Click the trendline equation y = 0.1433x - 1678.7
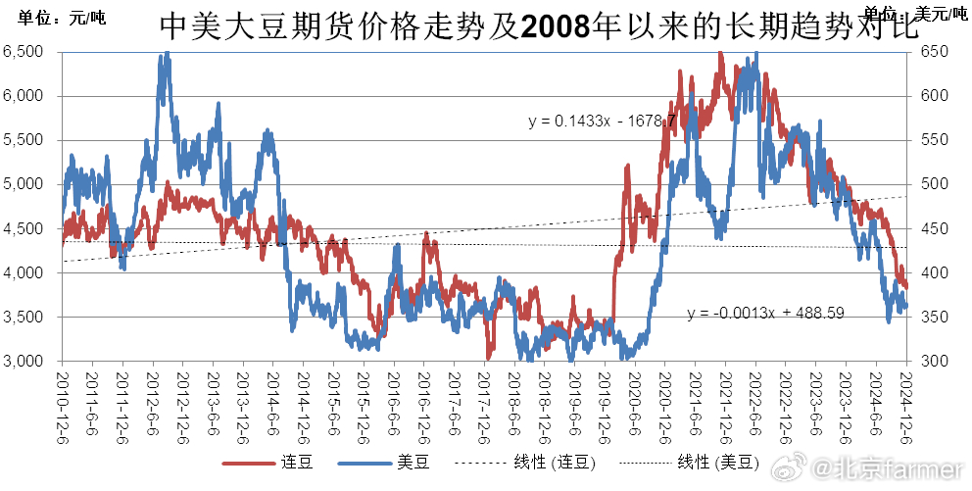[x=602, y=122]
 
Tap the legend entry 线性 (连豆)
[x=554, y=463]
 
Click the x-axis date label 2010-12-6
[x=62, y=396]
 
